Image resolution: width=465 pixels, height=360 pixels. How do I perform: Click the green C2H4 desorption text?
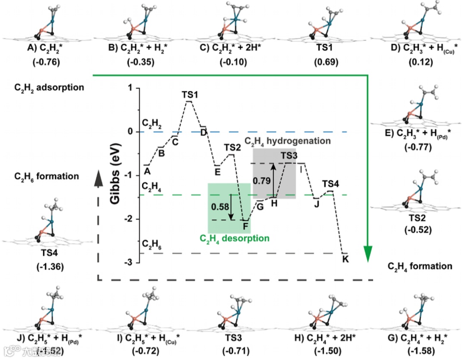234,238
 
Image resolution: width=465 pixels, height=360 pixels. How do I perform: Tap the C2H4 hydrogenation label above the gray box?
287,141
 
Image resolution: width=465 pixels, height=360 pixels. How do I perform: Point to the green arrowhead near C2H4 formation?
368,254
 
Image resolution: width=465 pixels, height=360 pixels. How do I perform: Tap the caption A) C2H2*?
46,47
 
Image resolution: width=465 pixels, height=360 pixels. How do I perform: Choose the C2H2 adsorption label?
43,87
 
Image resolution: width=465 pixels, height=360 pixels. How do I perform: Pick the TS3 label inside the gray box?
289,155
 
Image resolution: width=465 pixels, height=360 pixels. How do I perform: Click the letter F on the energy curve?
245,226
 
